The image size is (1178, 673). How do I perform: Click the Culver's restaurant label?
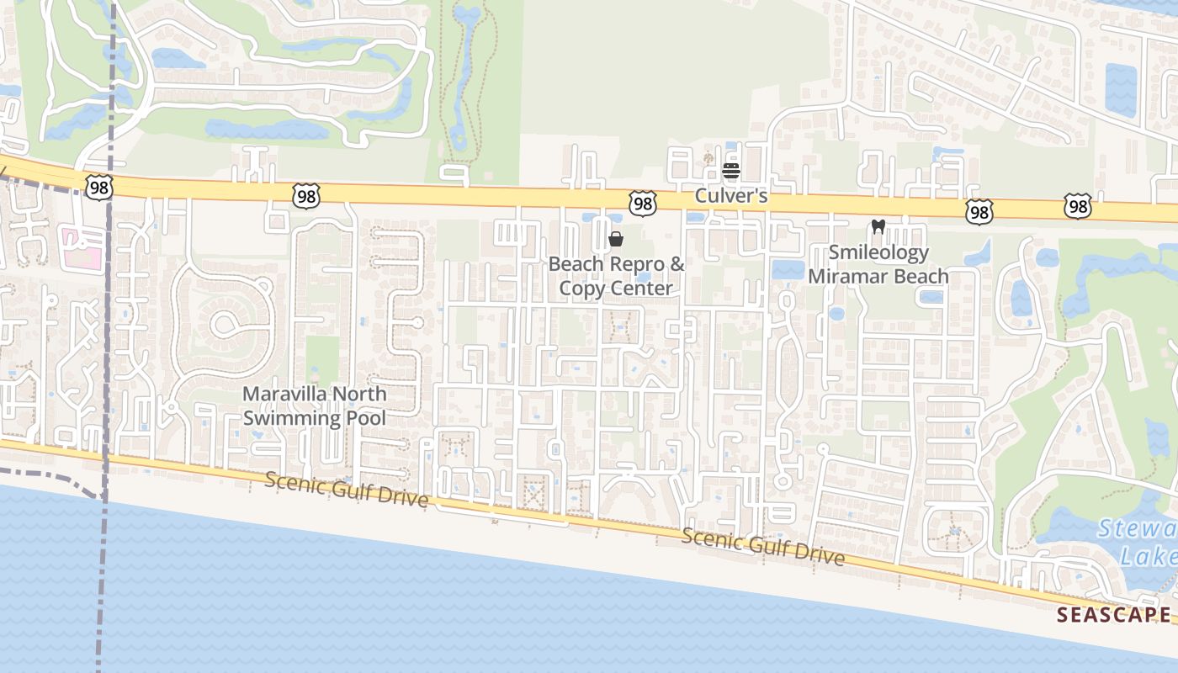(x=731, y=196)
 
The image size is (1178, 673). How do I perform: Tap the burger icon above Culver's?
(x=731, y=172)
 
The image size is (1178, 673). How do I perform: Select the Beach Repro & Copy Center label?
(x=617, y=276)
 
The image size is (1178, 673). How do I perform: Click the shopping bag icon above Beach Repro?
(x=616, y=239)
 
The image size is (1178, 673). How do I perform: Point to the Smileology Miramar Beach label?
(x=878, y=264)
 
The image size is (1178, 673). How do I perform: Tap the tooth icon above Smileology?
(x=878, y=226)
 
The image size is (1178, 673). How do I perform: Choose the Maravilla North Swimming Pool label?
(x=315, y=405)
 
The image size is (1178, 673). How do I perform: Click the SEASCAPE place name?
(x=1113, y=614)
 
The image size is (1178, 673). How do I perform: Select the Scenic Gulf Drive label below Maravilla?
(x=347, y=490)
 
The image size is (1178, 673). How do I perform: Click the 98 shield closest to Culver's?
(x=643, y=202)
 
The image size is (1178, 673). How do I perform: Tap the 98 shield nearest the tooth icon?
(x=979, y=211)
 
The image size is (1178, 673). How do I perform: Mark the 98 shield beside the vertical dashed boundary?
(x=98, y=187)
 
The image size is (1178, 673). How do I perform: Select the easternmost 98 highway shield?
(x=1078, y=206)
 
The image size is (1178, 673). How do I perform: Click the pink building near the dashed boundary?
(x=83, y=249)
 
